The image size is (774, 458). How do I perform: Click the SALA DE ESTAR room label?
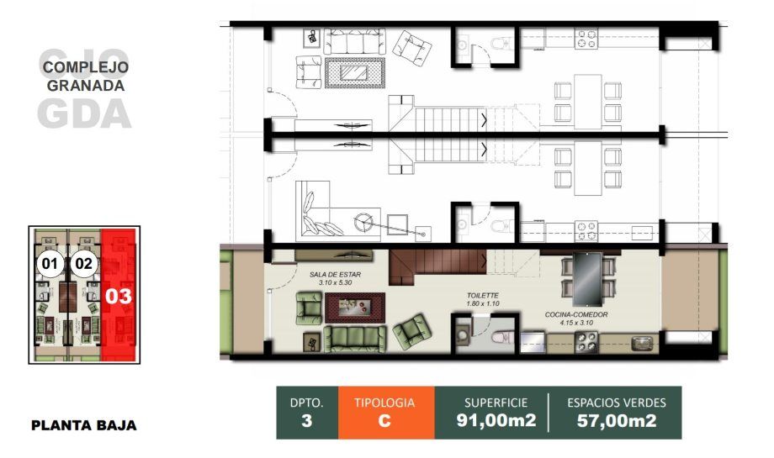pyautogui.click(x=335, y=275)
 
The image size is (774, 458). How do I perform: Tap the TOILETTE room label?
pyautogui.click(x=483, y=295)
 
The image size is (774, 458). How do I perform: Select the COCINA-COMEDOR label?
pyautogui.click(x=576, y=314)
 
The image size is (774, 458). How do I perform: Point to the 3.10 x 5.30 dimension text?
pyautogui.click(x=335, y=283)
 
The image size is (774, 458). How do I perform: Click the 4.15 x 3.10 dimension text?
pyautogui.click(x=576, y=323)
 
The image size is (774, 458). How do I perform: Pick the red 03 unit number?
pyautogui.click(x=119, y=297)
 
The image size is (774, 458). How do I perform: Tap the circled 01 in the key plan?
pyautogui.click(x=50, y=264)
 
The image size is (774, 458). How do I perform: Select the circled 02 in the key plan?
pyautogui.click(x=83, y=264)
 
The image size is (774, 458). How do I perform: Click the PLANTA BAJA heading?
pyautogui.click(x=84, y=425)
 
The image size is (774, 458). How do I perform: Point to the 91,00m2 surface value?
pyautogui.click(x=496, y=420)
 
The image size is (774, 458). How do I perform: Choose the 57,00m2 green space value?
pyautogui.click(x=617, y=420)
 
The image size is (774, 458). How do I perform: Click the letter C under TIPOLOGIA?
pyautogui.click(x=384, y=421)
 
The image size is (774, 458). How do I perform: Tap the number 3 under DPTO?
pyautogui.click(x=306, y=421)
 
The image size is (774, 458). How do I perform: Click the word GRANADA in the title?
pyautogui.click(x=86, y=85)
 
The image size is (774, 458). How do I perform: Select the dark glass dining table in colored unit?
pyautogui.click(x=587, y=280)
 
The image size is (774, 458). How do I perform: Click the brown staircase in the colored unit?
pyautogui.click(x=437, y=266)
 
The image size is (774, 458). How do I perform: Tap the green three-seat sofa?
pyautogui.click(x=354, y=338)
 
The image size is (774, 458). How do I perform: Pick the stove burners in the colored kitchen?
pyautogui.click(x=586, y=341)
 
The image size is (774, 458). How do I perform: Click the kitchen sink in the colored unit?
pyautogui.click(x=643, y=342)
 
